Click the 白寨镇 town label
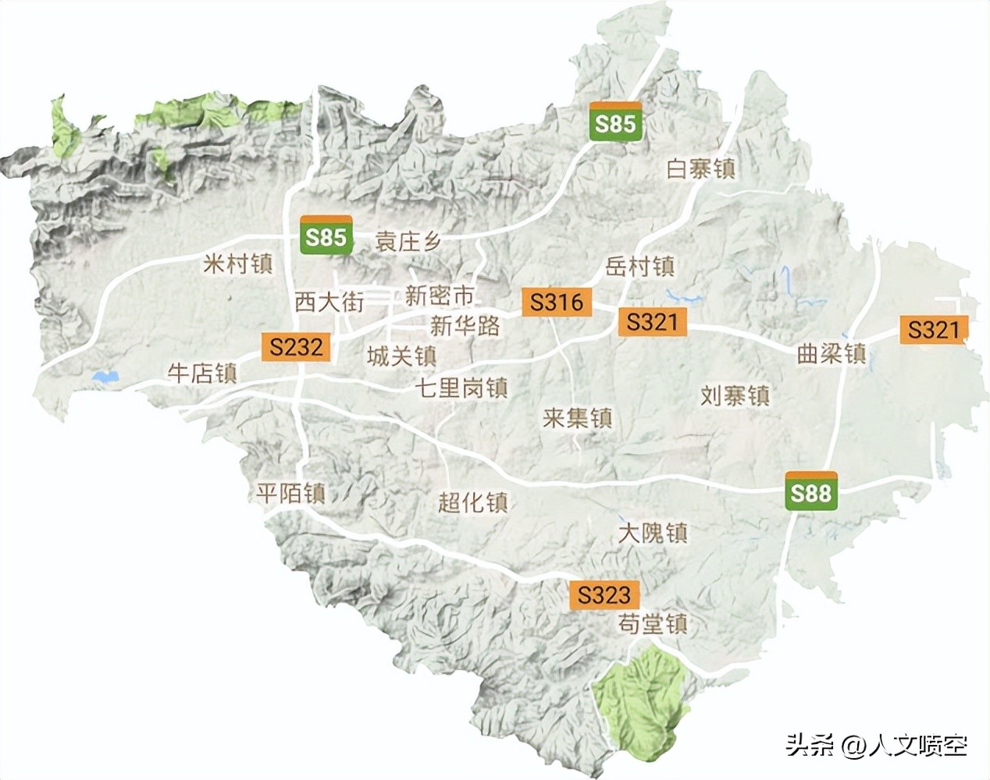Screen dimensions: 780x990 pyautogui.click(x=700, y=168)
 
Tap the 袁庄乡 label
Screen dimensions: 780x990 pyautogui.click(x=408, y=241)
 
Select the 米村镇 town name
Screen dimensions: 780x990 pyautogui.click(x=238, y=264)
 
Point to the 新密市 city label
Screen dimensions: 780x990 pyautogui.click(x=440, y=296)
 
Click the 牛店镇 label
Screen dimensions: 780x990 pyautogui.click(x=202, y=373)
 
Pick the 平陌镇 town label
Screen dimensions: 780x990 pyautogui.click(x=290, y=493)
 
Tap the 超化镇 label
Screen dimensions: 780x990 pyautogui.click(x=472, y=502)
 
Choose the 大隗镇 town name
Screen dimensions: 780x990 pyautogui.click(x=653, y=533)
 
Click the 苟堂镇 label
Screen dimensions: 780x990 pyautogui.click(x=653, y=624)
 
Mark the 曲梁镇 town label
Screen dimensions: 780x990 pyautogui.click(x=832, y=353)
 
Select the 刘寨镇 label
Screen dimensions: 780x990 pyautogui.click(x=735, y=395)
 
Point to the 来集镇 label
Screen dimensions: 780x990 pyautogui.click(x=577, y=418)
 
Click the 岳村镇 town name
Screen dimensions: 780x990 pyautogui.click(x=639, y=267)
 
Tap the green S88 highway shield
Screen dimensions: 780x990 pyautogui.click(x=811, y=492)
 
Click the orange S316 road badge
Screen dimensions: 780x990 pyautogui.click(x=557, y=302)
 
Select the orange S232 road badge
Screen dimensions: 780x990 pyautogui.click(x=297, y=346)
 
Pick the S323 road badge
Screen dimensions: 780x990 pyautogui.click(x=604, y=595)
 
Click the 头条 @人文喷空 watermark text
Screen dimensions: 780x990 pyautogui.click(x=876, y=746)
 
